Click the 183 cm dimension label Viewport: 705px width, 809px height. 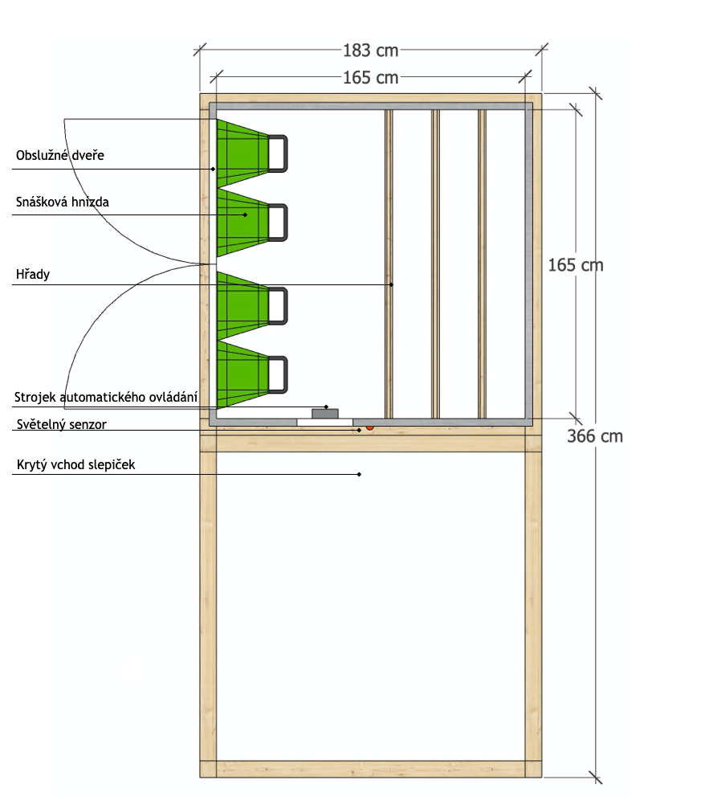[370, 50]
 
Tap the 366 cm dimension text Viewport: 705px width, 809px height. [594, 436]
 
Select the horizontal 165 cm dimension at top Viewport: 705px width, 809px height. [370, 77]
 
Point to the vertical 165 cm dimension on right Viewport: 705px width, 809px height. [575, 264]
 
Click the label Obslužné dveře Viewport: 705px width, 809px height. [60, 155]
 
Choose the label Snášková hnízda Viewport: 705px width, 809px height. [62, 202]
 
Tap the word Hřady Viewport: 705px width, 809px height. [33, 275]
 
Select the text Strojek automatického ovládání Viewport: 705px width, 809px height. [106, 397]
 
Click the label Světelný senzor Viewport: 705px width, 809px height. [60, 423]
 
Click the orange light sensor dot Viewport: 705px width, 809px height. [369, 427]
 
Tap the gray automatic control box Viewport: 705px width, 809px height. [325, 414]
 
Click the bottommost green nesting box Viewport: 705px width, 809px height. [241, 375]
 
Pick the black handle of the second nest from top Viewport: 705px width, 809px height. [278, 223]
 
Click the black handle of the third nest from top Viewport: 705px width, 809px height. [278, 305]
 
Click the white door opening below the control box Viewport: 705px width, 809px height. [324, 423]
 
